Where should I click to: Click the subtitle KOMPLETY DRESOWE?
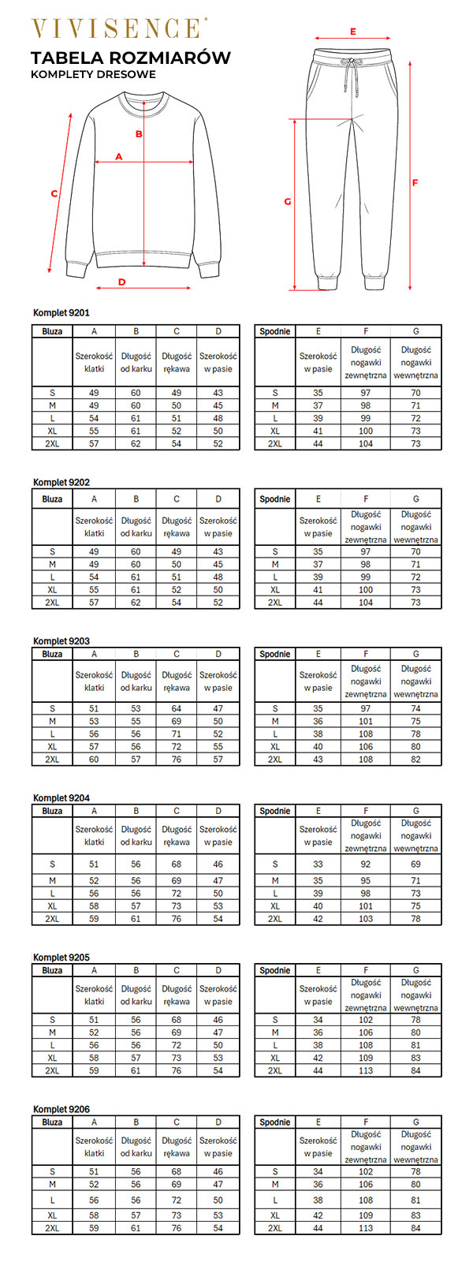click(93, 75)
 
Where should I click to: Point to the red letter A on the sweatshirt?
click(120, 156)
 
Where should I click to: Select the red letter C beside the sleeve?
click(54, 193)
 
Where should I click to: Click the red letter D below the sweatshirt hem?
click(122, 282)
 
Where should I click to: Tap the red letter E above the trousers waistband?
click(353, 32)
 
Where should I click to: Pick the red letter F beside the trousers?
click(415, 183)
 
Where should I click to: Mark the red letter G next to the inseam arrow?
click(288, 202)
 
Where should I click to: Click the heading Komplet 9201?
click(61, 313)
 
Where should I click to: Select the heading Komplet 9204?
click(61, 798)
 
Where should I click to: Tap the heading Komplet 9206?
click(61, 1109)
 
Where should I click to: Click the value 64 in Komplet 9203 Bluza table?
click(177, 708)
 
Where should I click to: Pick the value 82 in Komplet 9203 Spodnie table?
click(415, 759)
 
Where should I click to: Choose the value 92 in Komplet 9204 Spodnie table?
click(366, 864)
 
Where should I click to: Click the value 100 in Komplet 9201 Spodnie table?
click(366, 431)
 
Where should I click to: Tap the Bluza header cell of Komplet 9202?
click(52, 498)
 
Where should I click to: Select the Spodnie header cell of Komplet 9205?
click(275, 970)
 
